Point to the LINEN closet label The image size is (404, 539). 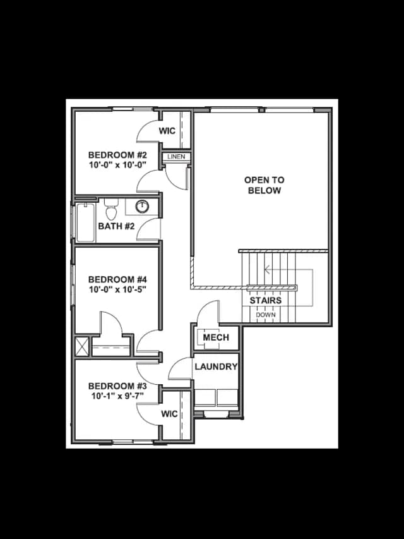pyautogui.click(x=176, y=157)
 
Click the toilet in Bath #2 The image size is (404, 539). pyautogui.click(x=111, y=209)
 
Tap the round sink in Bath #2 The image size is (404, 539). pyautogui.click(x=142, y=207)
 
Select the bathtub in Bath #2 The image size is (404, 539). pyautogui.click(x=85, y=223)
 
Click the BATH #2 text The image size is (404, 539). pyautogui.click(x=116, y=226)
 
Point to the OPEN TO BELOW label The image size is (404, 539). pyautogui.click(x=264, y=185)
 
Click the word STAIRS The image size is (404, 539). pyautogui.click(x=266, y=300)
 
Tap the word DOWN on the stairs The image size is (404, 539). pyautogui.click(x=266, y=315)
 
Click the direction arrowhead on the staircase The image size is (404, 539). pyautogui.click(x=267, y=269)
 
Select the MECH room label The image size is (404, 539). pyautogui.click(x=216, y=337)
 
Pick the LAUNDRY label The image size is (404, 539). pyautogui.click(x=216, y=366)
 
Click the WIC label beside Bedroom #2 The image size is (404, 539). pyautogui.click(x=167, y=131)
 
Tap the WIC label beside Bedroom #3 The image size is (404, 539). pyautogui.click(x=169, y=414)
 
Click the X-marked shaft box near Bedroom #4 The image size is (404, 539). pyautogui.click(x=82, y=346)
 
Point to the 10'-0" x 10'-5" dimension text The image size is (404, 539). pyautogui.click(x=118, y=290)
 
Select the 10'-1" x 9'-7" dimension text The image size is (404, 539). pyautogui.click(x=117, y=396)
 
